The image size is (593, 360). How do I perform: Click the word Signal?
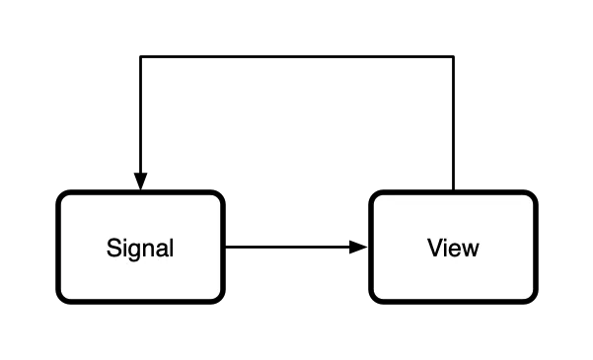[140, 248]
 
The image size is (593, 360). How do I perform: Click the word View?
[453, 248]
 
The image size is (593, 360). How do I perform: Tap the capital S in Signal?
[113, 248]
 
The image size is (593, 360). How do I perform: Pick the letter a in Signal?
[159, 249]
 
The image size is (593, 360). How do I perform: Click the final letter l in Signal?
[171, 247]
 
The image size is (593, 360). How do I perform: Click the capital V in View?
[435, 248]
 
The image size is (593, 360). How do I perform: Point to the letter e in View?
[456, 249]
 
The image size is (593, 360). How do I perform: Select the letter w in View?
[471, 249]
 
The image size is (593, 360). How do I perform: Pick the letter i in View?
[446, 247]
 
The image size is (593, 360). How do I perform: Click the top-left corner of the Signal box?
[62, 196]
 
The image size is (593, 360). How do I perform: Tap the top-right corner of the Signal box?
[219, 196]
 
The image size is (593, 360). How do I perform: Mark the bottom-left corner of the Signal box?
[62, 297]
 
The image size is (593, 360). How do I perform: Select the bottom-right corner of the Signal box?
[219, 297]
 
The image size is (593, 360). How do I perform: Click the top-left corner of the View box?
[375, 196]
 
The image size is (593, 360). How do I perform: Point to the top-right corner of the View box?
[532, 196]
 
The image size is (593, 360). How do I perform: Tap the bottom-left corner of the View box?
[375, 297]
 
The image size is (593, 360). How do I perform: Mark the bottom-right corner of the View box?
[532, 297]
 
